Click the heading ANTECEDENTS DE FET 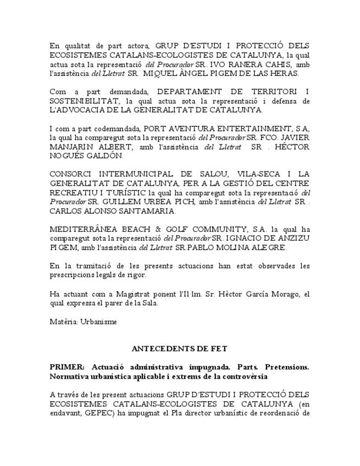click(x=180, y=349)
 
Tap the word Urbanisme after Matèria click(x=98, y=321)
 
